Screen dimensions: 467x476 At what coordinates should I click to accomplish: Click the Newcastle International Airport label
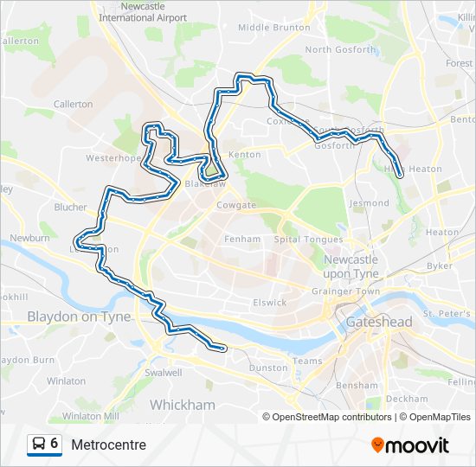point(142,11)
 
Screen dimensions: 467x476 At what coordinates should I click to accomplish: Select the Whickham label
point(182,404)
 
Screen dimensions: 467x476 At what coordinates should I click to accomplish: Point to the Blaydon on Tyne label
point(79,317)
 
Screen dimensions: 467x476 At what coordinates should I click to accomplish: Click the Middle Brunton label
point(273,28)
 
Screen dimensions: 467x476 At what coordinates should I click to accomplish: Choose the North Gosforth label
point(341,50)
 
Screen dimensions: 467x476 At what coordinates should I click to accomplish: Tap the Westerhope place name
point(113,159)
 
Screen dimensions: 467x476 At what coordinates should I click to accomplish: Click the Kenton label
point(244,155)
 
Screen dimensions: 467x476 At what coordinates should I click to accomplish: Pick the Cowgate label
point(236,206)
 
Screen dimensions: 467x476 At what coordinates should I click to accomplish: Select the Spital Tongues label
point(308,240)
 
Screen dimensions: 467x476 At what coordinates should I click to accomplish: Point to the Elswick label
point(269,303)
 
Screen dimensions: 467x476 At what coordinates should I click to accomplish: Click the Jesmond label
point(370,203)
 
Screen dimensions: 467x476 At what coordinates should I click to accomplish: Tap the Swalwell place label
point(164,373)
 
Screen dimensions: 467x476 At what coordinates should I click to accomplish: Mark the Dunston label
point(267,368)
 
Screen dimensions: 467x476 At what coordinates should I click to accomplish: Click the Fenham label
point(242,239)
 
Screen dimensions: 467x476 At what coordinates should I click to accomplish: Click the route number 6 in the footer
point(55,444)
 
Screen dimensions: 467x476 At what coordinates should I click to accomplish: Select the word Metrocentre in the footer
point(109,445)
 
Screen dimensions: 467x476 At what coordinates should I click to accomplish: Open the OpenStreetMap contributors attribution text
point(331,417)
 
